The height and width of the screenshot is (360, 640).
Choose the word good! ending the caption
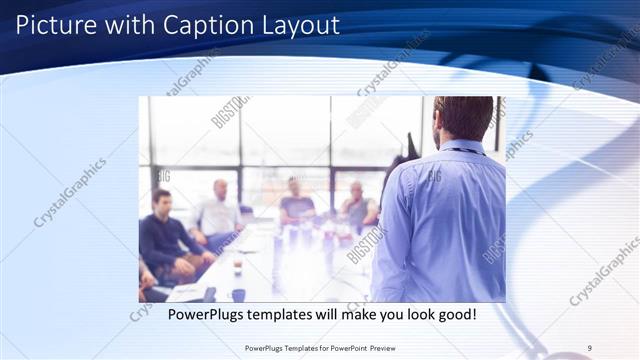[x=452, y=315]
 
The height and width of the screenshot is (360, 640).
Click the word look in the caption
[x=405, y=315]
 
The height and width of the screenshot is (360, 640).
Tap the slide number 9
[x=590, y=348]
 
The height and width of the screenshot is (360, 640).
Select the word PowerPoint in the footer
[x=337, y=348]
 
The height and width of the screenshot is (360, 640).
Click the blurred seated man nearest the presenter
[x=357, y=206]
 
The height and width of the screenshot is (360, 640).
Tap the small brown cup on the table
[x=237, y=267]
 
